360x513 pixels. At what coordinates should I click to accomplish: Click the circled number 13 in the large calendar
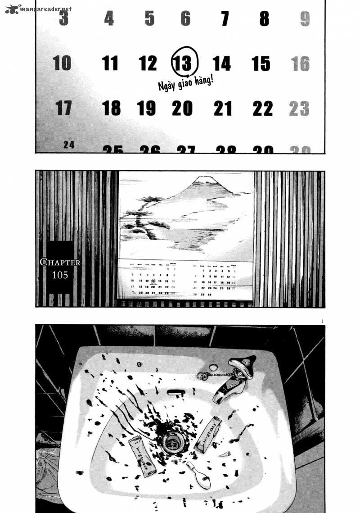184,63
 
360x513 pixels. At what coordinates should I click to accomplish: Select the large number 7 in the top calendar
225,19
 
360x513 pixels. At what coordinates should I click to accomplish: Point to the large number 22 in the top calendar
262,108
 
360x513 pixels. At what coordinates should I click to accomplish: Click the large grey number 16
300,64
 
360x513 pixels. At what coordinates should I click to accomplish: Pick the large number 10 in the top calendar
62,63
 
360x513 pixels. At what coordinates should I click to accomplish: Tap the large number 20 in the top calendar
182,108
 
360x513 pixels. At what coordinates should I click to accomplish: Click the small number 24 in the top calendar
69,145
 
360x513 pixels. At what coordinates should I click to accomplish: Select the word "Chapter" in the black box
60,262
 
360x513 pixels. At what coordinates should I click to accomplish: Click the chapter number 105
60,275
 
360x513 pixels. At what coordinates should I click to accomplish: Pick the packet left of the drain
141,455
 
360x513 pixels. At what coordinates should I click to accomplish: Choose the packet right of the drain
207,434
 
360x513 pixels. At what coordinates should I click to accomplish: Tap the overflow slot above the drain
176,392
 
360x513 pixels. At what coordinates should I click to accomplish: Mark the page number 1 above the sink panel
323,321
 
